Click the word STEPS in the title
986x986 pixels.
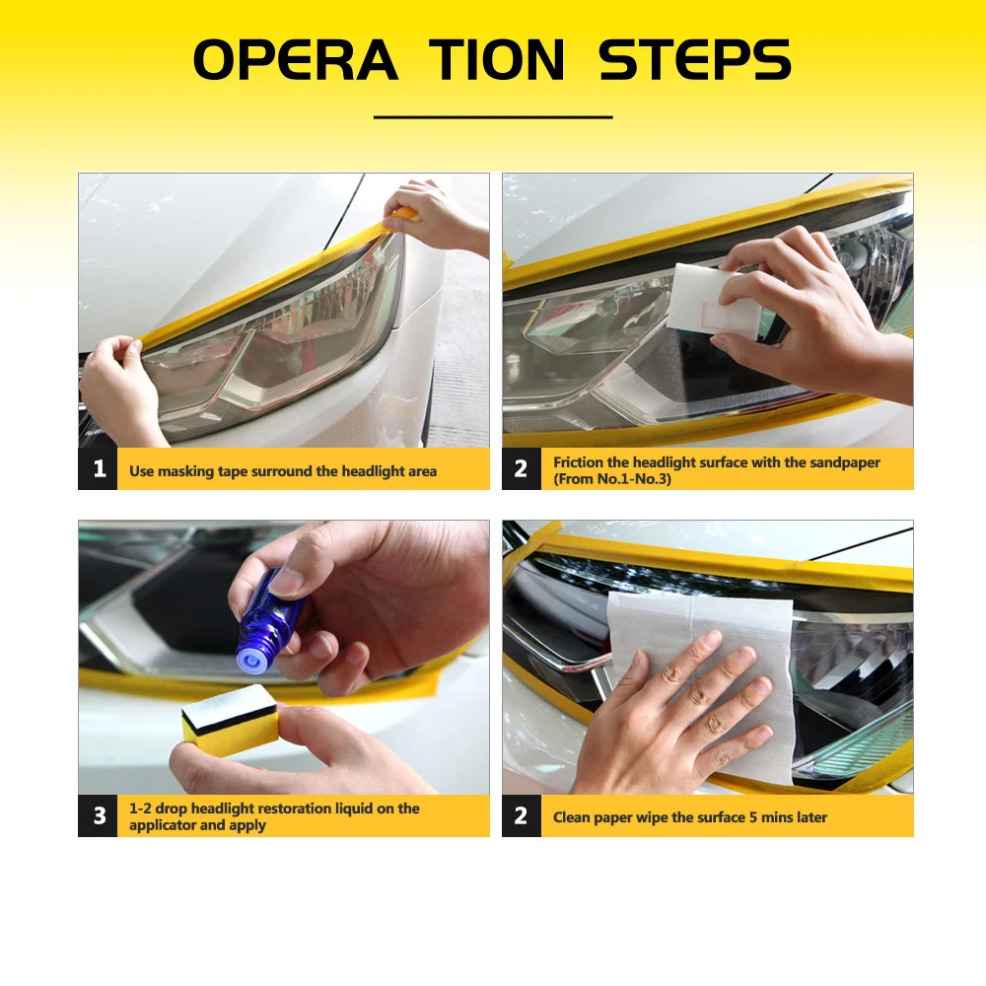coord(694,60)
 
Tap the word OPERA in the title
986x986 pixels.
coord(296,60)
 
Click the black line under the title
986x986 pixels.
coord(493,117)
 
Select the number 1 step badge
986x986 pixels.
coord(98,468)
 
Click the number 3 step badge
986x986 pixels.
coord(98,815)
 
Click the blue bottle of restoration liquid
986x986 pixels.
coord(267,622)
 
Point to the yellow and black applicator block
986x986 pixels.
coord(231,722)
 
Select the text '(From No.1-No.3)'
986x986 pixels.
coord(612,479)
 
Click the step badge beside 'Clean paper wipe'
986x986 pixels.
coord(522,815)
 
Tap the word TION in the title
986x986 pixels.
coord(496,60)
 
